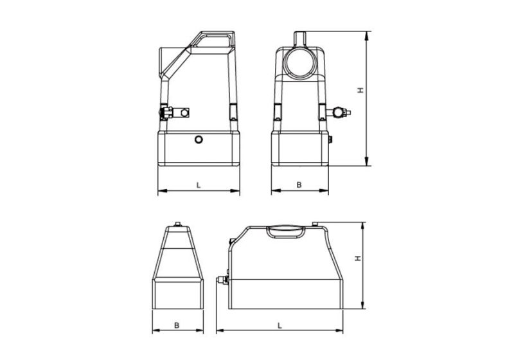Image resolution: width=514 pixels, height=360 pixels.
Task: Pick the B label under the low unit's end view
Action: tap(176, 325)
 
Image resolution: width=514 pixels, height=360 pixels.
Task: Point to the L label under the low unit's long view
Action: tap(280, 325)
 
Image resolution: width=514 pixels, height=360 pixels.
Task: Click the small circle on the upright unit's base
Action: tap(199, 139)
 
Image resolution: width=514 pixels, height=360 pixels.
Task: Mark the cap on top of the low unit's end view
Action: tap(176, 225)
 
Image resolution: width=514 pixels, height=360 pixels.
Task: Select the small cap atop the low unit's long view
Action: tap(315, 224)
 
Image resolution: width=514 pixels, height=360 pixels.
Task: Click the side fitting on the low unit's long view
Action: tap(221, 280)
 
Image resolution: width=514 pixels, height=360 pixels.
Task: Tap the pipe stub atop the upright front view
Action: tap(299, 37)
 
